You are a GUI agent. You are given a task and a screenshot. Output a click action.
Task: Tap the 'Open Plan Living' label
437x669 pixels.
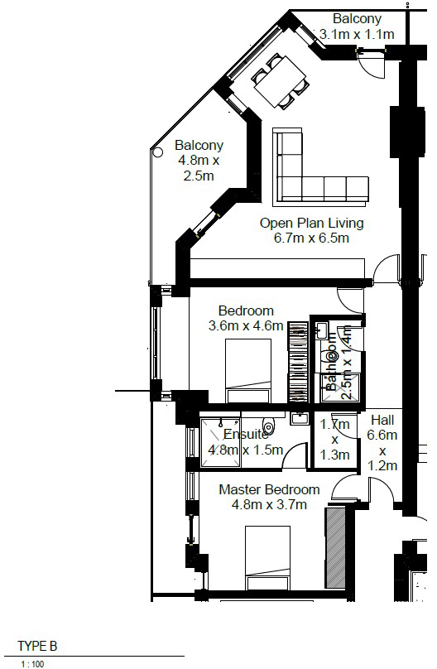click(x=311, y=223)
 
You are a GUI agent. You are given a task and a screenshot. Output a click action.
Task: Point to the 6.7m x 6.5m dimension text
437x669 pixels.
click(x=311, y=238)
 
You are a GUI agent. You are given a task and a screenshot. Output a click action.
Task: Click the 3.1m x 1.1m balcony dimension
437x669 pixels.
click(x=357, y=34)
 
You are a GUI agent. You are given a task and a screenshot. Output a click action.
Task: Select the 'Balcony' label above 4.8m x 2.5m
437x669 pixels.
click(x=199, y=146)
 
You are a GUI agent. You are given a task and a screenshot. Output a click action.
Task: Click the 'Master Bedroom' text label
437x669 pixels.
click(x=269, y=489)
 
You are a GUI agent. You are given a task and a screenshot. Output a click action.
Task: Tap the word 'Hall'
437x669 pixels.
click(x=382, y=420)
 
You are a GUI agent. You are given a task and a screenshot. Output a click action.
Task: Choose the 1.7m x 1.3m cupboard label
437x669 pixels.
click(x=334, y=440)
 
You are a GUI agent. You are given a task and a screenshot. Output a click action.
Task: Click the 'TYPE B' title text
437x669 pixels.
click(x=38, y=646)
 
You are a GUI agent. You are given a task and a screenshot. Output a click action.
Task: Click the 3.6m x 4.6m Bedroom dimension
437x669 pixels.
click(x=246, y=326)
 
